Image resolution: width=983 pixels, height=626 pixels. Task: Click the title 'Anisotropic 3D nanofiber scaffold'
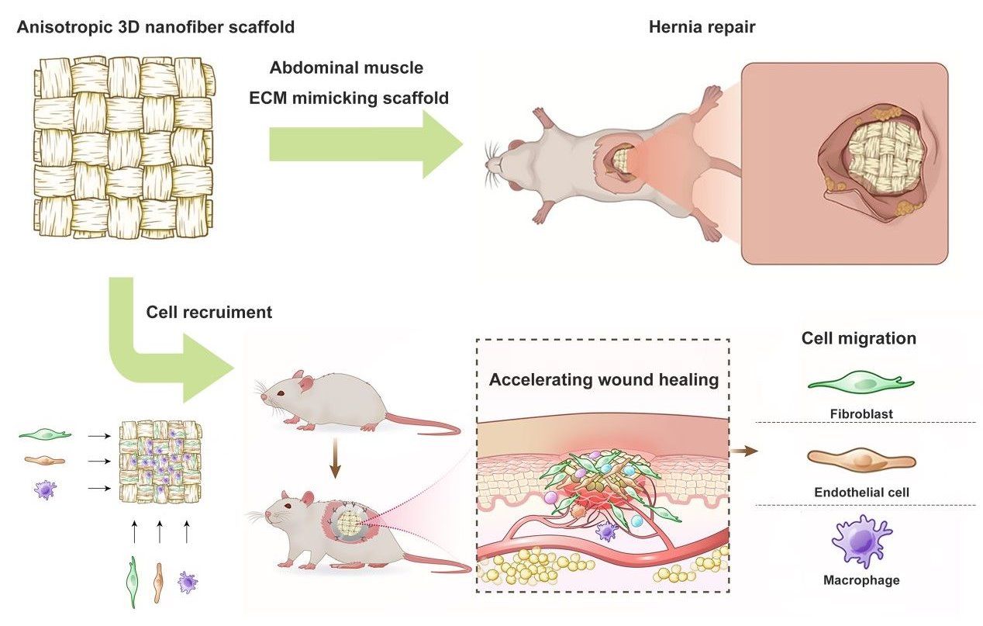[156, 29]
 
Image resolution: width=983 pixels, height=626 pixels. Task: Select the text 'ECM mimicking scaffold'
[349, 99]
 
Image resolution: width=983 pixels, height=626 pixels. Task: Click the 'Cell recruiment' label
[209, 313]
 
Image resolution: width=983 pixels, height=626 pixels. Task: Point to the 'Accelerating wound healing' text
[604, 380]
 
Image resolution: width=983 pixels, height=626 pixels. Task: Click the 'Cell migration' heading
[858, 338]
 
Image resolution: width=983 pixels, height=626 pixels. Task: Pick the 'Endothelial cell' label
[861, 492]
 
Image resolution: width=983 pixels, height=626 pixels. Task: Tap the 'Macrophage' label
[861, 579]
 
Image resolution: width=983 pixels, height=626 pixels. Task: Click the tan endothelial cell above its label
[861, 459]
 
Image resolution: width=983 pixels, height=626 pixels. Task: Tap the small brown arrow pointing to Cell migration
[744, 451]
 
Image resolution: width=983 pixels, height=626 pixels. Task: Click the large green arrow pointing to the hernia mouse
[364, 144]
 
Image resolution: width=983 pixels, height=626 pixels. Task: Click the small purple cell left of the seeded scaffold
[46, 489]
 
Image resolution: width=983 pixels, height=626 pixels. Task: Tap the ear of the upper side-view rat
[307, 382]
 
